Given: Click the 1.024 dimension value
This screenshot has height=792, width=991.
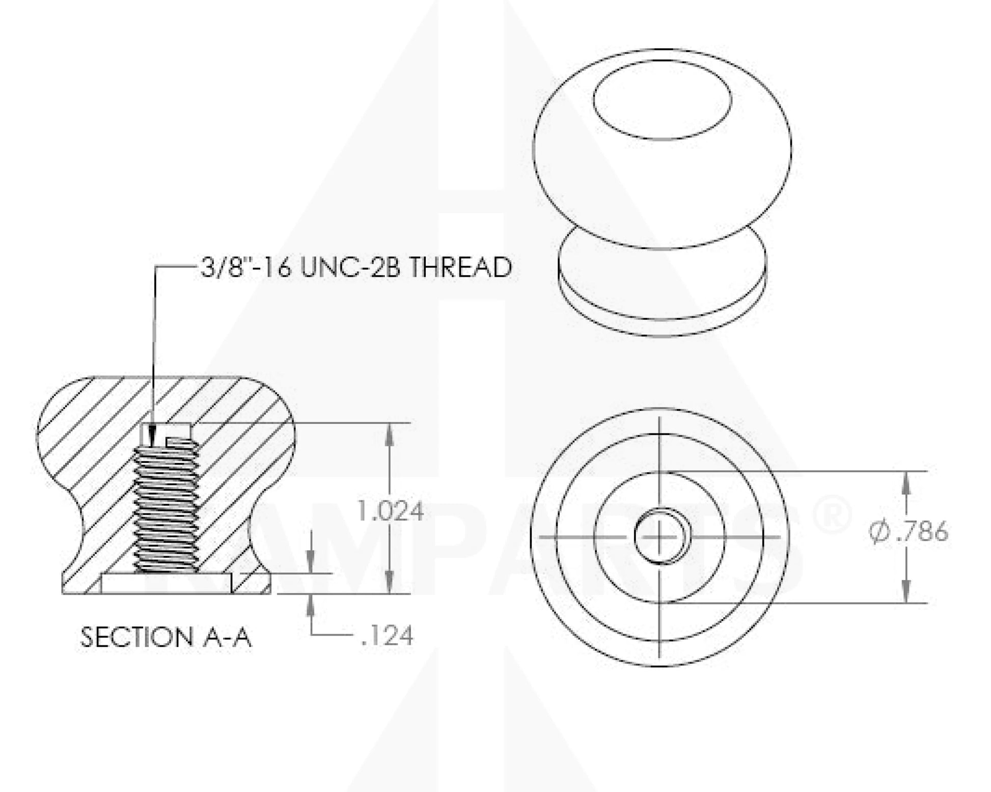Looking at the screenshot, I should pos(390,511).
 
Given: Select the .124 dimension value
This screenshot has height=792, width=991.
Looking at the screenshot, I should pos(387,636).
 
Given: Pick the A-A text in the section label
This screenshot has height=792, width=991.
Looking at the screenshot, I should pos(227,637).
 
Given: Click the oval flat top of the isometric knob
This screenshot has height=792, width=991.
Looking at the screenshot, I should pos(662,100).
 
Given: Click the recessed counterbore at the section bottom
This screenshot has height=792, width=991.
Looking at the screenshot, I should pos(166,584).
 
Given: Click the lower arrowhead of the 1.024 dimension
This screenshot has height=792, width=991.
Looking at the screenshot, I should pos(390,586).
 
